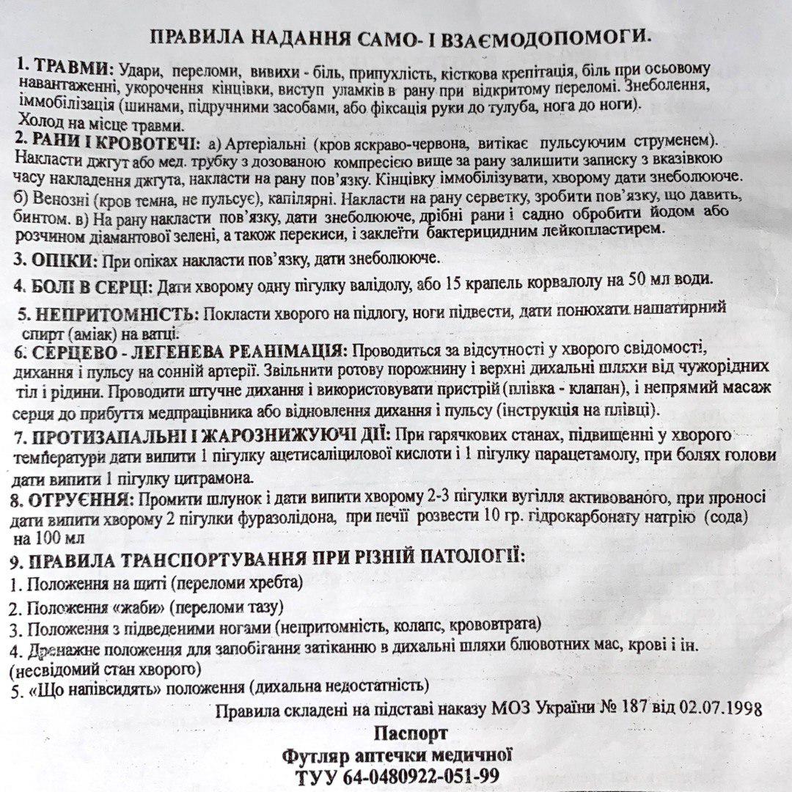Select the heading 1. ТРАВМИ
pos(65,67)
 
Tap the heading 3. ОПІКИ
pos(56,260)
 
